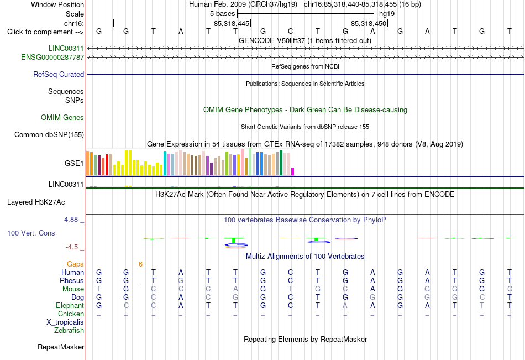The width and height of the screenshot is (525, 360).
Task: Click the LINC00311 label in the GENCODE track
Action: tap(66, 48)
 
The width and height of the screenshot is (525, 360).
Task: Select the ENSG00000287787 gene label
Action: tap(53, 58)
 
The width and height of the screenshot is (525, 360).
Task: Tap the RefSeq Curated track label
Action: tap(59, 75)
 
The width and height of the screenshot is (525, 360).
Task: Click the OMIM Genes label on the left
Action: tap(62, 118)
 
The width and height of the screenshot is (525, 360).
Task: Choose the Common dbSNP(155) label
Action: tap(49, 135)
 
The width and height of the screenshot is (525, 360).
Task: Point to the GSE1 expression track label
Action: tap(74, 163)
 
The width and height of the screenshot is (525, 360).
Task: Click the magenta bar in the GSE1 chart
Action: tap(293, 171)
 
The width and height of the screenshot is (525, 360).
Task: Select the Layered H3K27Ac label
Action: tap(36, 202)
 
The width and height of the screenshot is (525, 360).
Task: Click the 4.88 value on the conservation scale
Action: tap(71, 220)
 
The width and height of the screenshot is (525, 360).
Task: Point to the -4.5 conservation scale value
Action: tap(72, 247)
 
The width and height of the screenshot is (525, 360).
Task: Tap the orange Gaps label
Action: tap(75, 264)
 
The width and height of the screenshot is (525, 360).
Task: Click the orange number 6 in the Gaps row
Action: tap(140, 264)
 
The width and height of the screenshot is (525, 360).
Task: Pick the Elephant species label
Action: tap(70, 305)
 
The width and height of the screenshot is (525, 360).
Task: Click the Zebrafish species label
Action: tap(69, 331)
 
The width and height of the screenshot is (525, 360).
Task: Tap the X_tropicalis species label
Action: tap(65, 322)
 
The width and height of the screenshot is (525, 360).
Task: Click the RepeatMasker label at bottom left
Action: tap(61, 347)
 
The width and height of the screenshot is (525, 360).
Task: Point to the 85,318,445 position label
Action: tap(232, 23)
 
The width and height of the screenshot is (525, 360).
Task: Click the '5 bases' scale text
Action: tap(223, 14)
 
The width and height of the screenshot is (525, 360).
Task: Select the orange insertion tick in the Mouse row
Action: tap(141, 288)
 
